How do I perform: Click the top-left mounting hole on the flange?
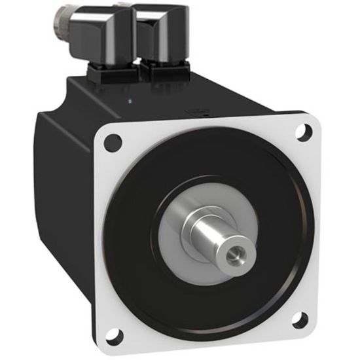pos(113,139)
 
